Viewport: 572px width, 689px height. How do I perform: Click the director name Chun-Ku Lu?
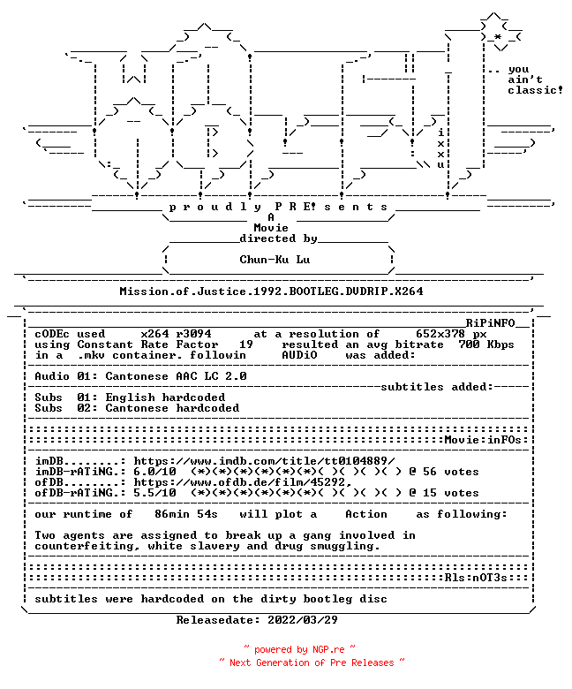(x=275, y=260)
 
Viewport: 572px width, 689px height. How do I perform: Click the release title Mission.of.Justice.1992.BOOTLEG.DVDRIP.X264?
(x=271, y=291)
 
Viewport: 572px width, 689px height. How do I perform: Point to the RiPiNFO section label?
(x=490, y=323)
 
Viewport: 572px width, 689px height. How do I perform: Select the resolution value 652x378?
(x=440, y=334)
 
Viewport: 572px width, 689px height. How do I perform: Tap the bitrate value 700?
(x=469, y=344)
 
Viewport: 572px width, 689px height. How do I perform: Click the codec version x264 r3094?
(x=176, y=334)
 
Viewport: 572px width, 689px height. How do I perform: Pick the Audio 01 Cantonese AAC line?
(x=141, y=376)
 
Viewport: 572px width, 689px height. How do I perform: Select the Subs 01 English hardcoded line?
(x=130, y=397)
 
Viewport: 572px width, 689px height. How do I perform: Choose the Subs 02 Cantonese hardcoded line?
(x=137, y=408)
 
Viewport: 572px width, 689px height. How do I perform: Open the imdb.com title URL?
(x=264, y=461)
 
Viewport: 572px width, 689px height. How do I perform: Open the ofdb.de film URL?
(x=243, y=482)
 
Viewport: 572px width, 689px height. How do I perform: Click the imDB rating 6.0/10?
(x=155, y=472)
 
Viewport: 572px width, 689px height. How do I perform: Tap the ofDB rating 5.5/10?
(x=155, y=493)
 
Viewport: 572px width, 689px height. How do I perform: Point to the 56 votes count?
(x=451, y=472)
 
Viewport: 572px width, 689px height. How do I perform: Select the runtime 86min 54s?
(x=186, y=514)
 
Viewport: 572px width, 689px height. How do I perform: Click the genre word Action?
(x=366, y=514)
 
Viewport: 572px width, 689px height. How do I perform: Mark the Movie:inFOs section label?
(x=483, y=440)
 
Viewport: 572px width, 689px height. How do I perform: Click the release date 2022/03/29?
(x=303, y=620)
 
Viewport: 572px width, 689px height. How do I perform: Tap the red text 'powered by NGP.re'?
(x=299, y=649)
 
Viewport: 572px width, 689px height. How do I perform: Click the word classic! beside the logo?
(x=536, y=90)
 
